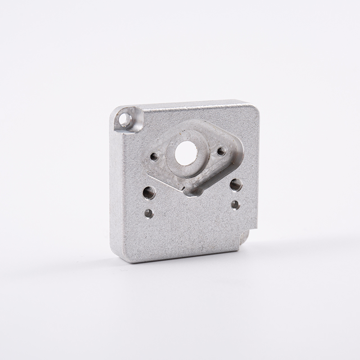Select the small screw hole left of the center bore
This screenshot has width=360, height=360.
(x=154, y=157)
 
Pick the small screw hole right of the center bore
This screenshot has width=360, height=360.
(x=221, y=151)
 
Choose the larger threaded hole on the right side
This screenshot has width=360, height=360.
(x=236, y=184)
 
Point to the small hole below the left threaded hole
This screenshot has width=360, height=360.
(x=148, y=213)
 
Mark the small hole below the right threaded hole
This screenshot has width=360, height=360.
(x=235, y=205)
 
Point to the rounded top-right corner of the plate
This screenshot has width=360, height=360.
(x=255, y=106)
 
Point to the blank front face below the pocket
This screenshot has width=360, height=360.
(x=189, y=229)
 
